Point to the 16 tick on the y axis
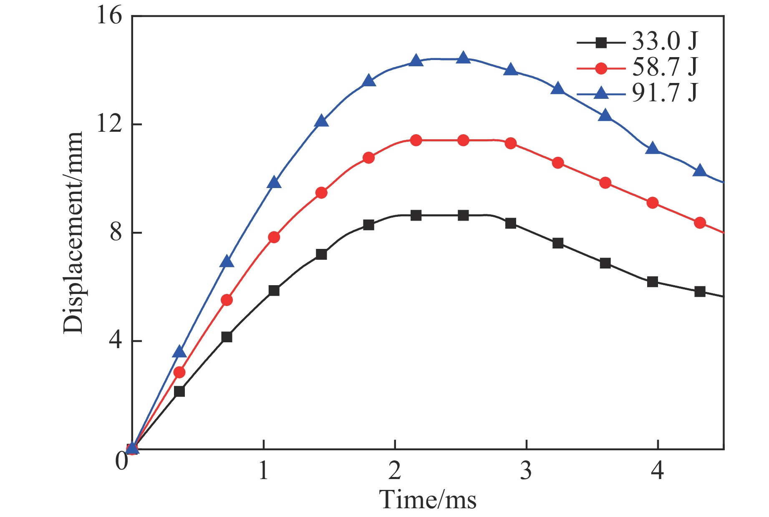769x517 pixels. tap(110, 17)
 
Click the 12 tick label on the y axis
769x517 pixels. tap(110, 124)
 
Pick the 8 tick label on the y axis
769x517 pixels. tap(116, 233)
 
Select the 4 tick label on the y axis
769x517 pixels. tap(116, 341)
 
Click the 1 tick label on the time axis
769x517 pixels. tap(263, 471)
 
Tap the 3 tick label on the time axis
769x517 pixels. tap(526, 471)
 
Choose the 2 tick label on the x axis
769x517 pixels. tap(395, 471)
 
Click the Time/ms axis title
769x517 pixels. tap(428, 499)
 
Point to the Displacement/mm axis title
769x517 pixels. tap(73, 233)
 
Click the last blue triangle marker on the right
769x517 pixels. tap(700, 171)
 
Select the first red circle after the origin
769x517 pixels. tap(179, 372)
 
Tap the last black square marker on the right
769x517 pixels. tap(700, 292)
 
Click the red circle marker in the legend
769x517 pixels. tap(601, 68)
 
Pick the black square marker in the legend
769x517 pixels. tap(601, 42)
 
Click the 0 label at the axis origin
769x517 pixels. tap(121, 461)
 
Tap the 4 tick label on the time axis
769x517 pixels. tap(658, 471)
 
